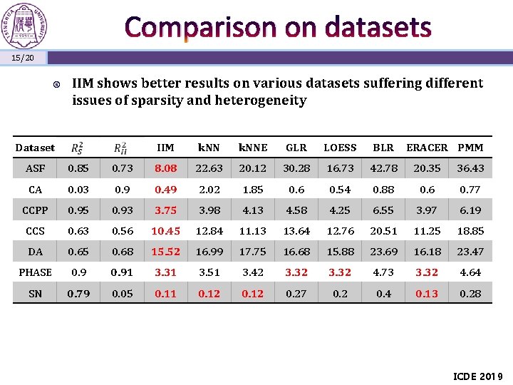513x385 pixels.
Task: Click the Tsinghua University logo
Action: (x=26, y=25)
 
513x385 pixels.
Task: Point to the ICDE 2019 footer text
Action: (x=478, y=376)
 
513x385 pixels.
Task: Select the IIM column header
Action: (x=165, y=148)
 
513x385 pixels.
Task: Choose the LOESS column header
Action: (x=340, y=148)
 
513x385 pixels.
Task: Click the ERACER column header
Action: (x=427, y=148)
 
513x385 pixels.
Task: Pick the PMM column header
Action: (x=470, y=148)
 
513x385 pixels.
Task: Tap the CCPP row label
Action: (x=35, y=210)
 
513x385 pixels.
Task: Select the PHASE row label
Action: (x=35, y=272)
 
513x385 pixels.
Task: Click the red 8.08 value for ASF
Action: (x=165, y=168)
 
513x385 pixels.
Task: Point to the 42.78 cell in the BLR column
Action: (x=383, y=168)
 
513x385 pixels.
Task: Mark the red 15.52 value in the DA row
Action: (x=165, y=252)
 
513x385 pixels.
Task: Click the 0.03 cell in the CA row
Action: (x=78, y=190)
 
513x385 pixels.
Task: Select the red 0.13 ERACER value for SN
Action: (x=427, y=293)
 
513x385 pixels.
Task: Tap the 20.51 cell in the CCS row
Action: (x=383, y=231)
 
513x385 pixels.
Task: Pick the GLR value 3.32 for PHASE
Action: (x=296, y=272)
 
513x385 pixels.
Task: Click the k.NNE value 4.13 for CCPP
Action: (x=253, y=210)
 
